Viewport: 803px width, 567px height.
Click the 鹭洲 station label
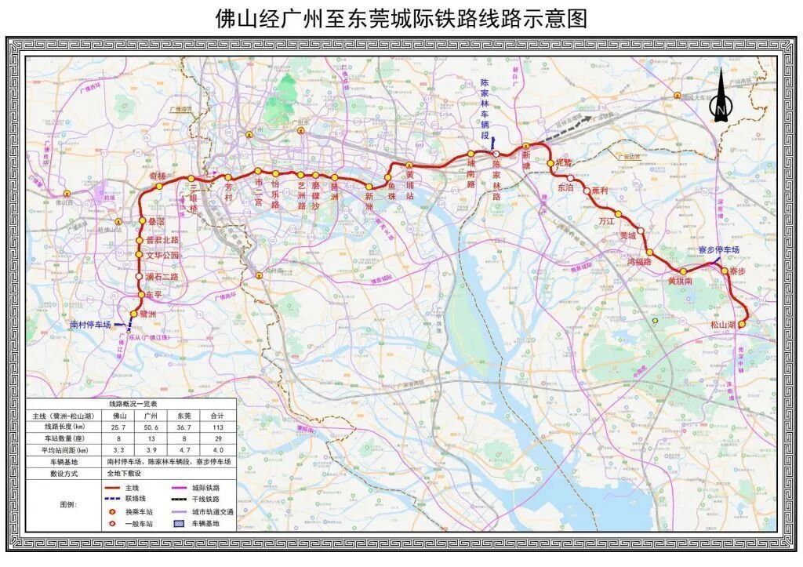(147, 314)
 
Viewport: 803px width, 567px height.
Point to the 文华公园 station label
(162, 256)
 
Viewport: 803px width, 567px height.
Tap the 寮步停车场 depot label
(718, 249)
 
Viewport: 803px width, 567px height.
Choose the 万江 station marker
(618, 214)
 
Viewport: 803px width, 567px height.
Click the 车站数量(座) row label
(65, 439)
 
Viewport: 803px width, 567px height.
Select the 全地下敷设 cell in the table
(128, 474)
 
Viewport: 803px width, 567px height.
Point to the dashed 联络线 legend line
(114, 499)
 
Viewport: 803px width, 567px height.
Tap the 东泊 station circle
(570, 177)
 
